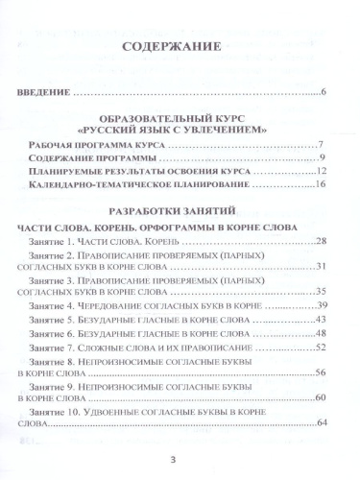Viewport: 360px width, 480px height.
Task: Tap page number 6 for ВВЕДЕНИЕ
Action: tap(325, 92)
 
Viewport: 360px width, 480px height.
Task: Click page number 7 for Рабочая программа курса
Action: tap(325, 144)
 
